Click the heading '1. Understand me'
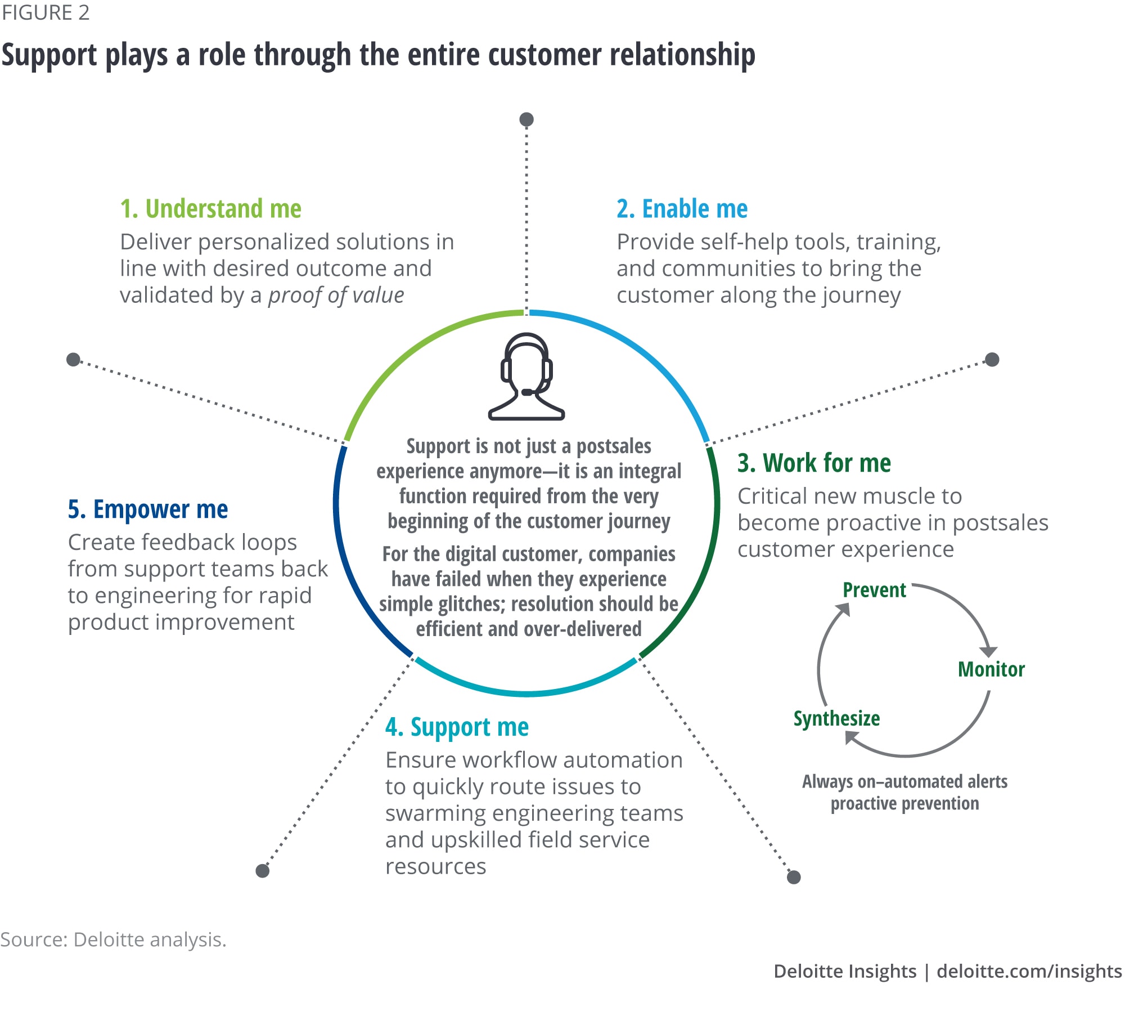coord(211,209)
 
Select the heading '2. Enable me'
coord(682,209)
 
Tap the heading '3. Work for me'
coord(814,463)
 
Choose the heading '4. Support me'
coord(457,727)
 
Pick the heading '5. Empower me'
coord(148,509)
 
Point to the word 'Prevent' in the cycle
coord(874,590)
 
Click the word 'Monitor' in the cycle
coord(991,669)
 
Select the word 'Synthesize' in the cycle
coord(836,719)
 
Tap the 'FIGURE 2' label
coord(46,12)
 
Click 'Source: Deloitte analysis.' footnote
coord(113,940)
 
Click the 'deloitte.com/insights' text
coord(1029,971)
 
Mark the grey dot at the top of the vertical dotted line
coord(526,119)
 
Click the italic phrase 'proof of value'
coord(336,296)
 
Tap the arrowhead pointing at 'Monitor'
coord(988,651)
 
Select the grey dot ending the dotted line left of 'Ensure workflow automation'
coord(263,871)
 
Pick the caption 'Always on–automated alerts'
coord(904,782)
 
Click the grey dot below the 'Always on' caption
coord(794,877)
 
